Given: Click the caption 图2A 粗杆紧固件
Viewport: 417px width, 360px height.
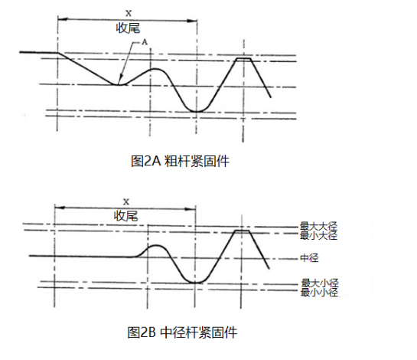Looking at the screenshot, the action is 180,161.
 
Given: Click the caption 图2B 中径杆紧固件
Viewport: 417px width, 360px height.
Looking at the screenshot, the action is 182,332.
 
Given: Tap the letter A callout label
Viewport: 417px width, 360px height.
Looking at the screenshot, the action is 145,42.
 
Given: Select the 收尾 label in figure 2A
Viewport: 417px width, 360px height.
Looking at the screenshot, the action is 128,28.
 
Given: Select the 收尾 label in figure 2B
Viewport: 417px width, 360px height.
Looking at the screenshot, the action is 125,216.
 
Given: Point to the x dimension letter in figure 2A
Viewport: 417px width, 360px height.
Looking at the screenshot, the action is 129,13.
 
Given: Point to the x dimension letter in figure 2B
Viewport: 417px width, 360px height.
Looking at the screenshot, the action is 126,201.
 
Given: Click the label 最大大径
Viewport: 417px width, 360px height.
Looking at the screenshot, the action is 318,226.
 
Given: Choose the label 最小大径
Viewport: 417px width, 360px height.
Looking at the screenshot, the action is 318,235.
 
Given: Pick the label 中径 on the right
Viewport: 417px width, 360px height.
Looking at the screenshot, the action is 309,258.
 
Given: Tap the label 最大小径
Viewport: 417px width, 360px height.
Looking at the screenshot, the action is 319,283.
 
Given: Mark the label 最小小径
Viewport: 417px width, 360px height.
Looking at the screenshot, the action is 319,292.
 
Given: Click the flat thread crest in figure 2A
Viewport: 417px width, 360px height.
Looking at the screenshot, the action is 243,58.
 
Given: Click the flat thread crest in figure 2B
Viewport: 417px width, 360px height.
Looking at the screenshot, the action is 242,231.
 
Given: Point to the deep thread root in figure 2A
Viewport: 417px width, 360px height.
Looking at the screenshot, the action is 197,111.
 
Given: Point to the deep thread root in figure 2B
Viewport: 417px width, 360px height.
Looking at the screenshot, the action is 195,282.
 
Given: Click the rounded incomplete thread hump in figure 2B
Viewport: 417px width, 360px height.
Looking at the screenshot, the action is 156,246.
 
